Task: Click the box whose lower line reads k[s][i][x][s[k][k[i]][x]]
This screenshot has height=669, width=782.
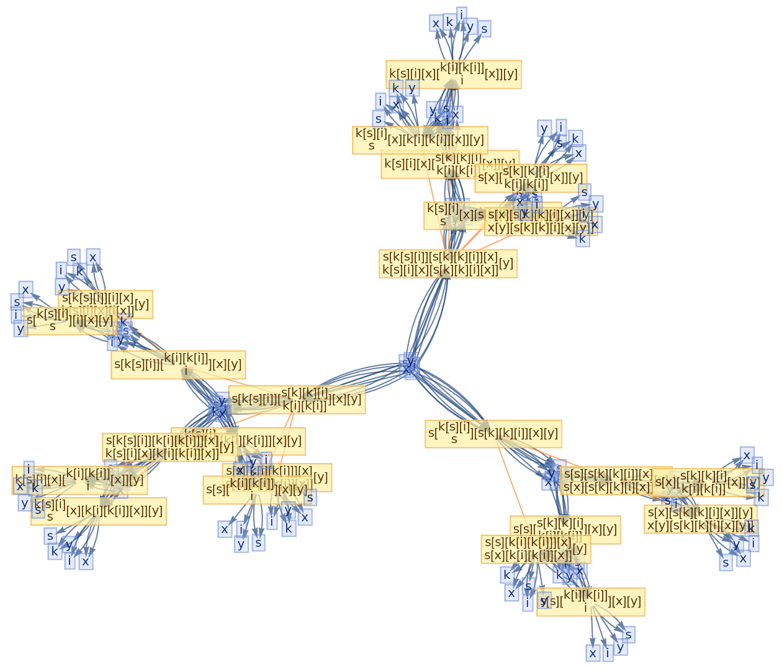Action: click(447, 264)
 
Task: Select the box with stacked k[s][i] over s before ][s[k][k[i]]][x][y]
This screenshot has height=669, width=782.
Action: click(493, 434)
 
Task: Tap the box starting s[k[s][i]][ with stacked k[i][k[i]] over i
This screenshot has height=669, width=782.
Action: click(179, 365)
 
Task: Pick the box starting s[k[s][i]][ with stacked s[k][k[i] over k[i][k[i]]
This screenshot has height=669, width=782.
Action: click(297, 399)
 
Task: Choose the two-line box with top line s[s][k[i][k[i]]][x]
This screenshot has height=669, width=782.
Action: click(536, 549)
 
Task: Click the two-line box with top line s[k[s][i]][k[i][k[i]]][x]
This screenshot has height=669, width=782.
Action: click(169, 447)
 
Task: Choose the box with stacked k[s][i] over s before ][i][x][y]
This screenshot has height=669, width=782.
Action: click(70, 321)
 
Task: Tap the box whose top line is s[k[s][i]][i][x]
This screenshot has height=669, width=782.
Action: click(106, 304)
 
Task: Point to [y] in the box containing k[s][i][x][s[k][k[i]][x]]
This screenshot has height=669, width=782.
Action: click(506, 263)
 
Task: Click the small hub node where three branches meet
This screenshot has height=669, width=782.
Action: click(410, 366)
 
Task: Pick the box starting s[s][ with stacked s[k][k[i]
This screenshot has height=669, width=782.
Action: click(565, 529)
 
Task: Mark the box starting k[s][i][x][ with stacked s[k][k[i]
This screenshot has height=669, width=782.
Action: click(450, 164)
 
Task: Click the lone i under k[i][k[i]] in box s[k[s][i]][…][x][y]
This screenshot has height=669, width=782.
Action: click(186, 372)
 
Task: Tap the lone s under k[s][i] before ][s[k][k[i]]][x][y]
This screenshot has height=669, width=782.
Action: click(454, 440)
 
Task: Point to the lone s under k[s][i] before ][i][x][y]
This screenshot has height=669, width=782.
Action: click(53, 326)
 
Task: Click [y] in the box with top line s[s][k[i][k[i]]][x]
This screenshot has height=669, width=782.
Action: click(579, 549)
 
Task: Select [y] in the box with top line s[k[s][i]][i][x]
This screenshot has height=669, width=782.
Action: click(142, 304)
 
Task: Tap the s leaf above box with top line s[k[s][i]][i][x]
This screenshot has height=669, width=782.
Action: click(74, 257)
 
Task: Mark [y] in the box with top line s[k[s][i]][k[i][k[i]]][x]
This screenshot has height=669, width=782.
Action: click(227, 447)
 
